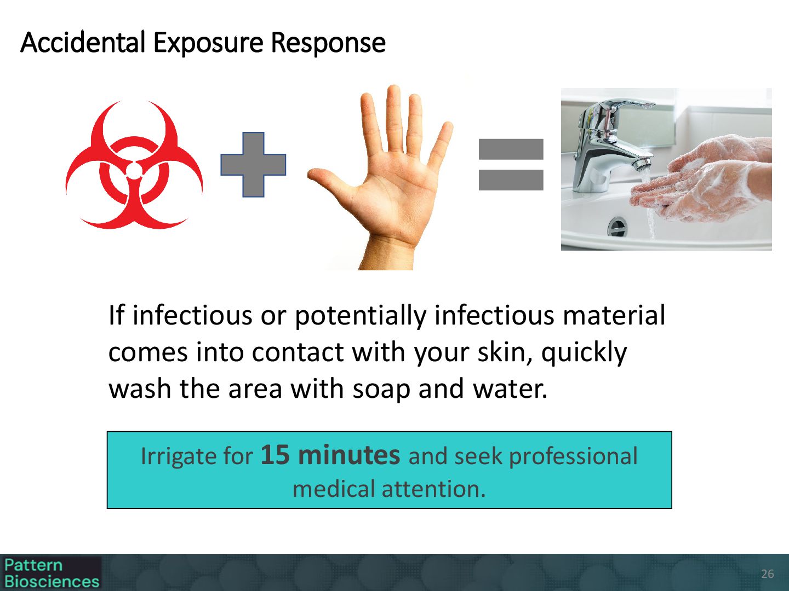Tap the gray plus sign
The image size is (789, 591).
click(253, 165)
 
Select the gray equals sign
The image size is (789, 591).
click(511, 165)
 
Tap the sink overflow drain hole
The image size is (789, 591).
click(617, 227)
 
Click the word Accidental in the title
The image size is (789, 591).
click(83, 43)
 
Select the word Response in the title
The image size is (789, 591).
click(328, 43)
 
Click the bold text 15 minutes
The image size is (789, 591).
click(330, 455)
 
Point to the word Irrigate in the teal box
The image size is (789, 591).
click(179, 457)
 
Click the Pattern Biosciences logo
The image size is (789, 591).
click(52, 573)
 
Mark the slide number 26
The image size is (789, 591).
click(768, 574)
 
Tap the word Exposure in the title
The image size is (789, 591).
click(208, 43)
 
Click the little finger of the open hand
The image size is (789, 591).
click(441, 146)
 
